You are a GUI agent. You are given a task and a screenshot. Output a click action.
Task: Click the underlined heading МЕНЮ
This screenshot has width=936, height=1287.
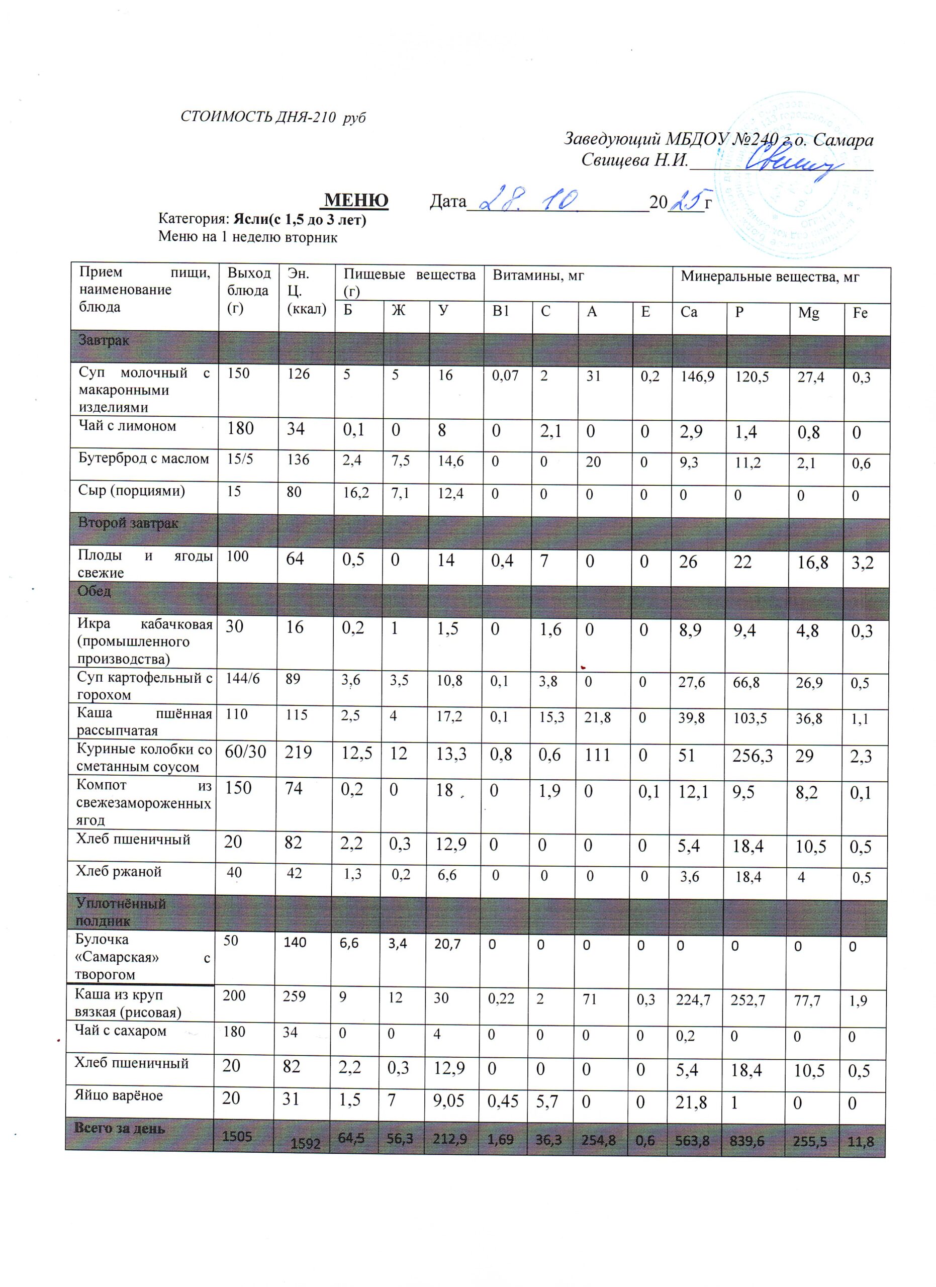click(356, 200)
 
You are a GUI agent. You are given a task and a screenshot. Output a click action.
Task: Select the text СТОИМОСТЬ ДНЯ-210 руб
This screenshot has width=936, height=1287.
click(273, 118)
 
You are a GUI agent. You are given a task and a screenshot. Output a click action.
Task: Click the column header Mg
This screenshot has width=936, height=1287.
click(808, 313)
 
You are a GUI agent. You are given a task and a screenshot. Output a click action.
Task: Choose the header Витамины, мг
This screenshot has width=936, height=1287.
click(538, 277)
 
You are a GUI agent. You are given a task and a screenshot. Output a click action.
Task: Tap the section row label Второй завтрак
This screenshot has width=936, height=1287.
click(128, 523)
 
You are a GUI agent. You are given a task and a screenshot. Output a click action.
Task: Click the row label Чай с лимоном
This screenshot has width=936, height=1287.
click(127, 426)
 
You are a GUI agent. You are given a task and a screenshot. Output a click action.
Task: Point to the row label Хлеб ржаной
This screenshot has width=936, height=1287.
click(119, 871)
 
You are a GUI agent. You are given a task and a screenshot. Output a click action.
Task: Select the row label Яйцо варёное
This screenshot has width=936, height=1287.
click(119, 1094)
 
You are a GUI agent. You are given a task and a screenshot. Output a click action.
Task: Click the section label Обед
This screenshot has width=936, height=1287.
click(94, 591)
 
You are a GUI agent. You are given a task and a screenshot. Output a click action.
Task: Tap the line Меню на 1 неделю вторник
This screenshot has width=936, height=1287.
click(248, 237)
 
